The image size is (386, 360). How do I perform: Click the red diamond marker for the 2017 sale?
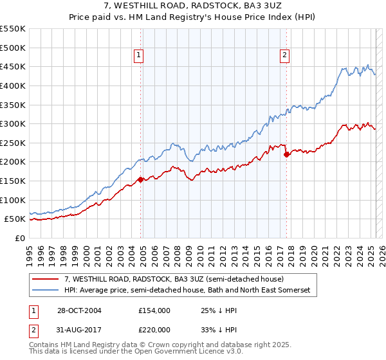click(x=287, y=154)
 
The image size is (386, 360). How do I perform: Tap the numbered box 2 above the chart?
click(x=284, y=55)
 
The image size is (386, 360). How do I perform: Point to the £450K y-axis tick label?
click(x=14, y=67)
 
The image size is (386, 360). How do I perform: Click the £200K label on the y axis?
click(x=14, y=162)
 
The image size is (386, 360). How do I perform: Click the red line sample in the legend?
click(x=46, y=279)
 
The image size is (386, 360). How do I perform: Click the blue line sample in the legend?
click(x=46, y=291)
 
